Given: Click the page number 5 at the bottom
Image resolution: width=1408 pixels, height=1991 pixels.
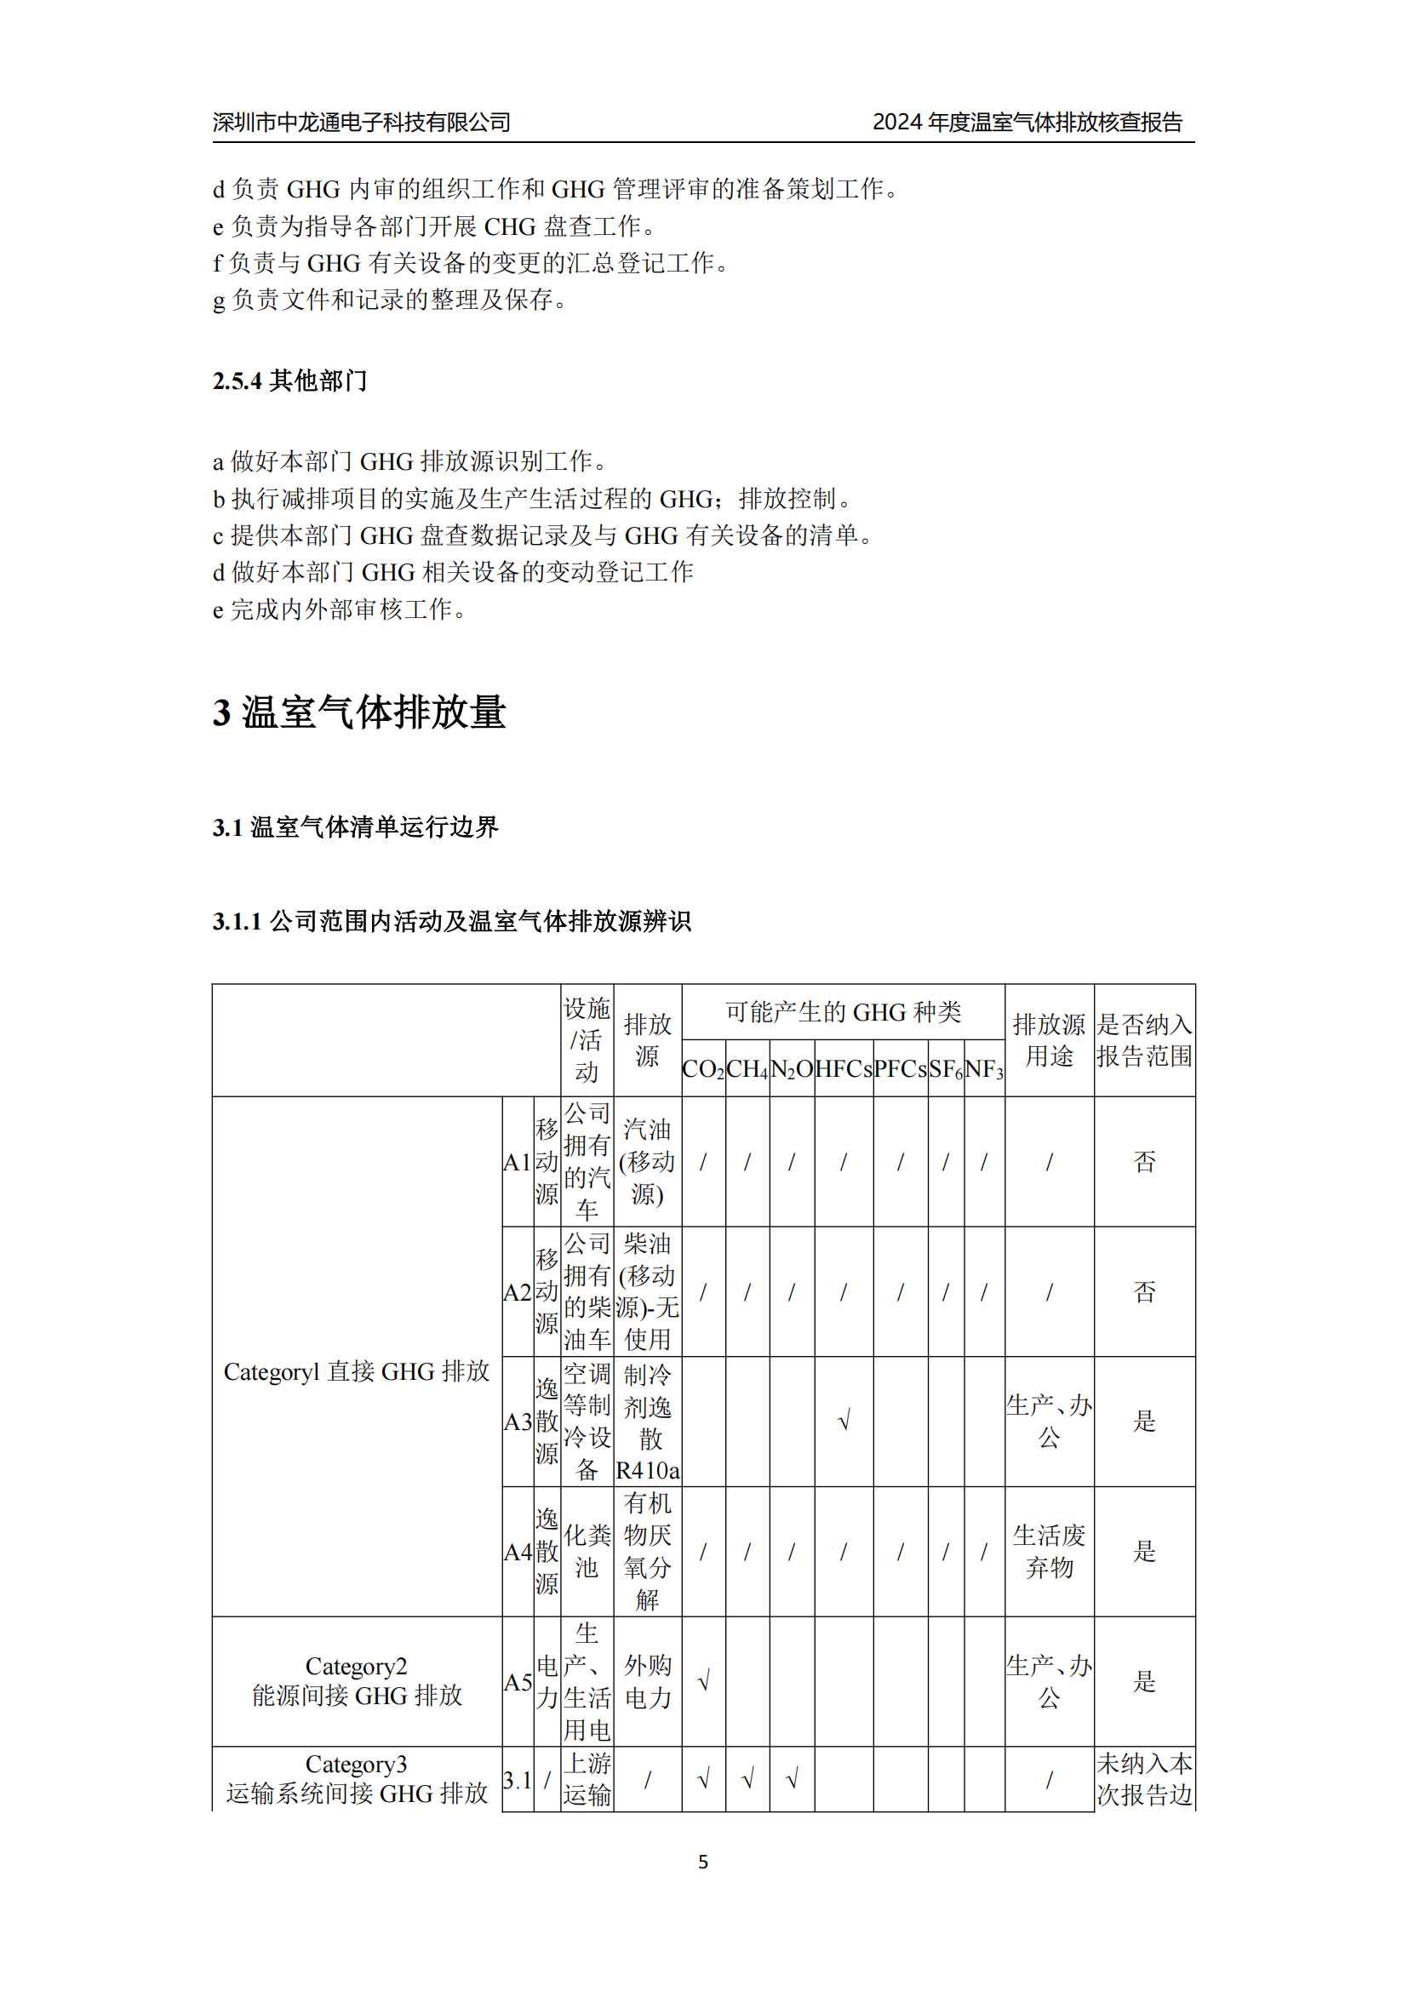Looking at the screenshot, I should click(703, 1862).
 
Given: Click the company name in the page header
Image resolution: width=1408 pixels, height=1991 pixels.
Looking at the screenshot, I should click(362, 123).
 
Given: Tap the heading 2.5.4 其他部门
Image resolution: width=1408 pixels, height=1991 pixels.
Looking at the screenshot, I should click(289, 380).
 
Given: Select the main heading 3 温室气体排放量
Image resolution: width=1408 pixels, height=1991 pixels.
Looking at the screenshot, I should click(359, 712).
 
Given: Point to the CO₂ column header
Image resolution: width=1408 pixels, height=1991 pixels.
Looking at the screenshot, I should click(703, 1069).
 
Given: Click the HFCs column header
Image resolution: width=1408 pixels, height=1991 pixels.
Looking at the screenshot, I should click(844, 1069).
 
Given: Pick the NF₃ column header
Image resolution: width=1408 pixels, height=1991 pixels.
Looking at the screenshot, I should click(984, 1069).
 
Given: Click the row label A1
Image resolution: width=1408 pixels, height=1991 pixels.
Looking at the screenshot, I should click(517, 1163).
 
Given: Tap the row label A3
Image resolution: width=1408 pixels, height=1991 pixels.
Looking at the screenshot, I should click(518, 1422).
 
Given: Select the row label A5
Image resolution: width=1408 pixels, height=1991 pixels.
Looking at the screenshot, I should click(518, 1682).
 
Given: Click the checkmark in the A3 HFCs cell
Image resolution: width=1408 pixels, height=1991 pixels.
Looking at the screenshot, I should click(844, 1422).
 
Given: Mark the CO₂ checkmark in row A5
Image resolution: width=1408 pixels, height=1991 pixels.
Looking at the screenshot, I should click(703, 1681).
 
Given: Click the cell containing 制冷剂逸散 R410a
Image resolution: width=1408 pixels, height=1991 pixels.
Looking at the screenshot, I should click(648, 1422).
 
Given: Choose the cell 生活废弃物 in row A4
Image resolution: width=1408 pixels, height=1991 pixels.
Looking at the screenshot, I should click(1049, 1553).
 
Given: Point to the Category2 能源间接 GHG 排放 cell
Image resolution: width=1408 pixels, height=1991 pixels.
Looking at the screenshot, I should click(358, 1681).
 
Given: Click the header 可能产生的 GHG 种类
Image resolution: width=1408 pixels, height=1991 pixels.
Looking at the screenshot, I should click(843, 1012).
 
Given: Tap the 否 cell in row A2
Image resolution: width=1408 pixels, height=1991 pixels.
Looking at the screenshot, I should click(1144, 1292).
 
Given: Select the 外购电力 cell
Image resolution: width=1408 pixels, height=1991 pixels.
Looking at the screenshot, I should click(648, 1681).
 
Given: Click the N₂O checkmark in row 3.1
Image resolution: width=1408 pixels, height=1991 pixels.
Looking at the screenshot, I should click(792, 1780).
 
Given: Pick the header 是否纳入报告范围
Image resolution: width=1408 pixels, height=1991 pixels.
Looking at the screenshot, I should click(1144, 1040).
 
